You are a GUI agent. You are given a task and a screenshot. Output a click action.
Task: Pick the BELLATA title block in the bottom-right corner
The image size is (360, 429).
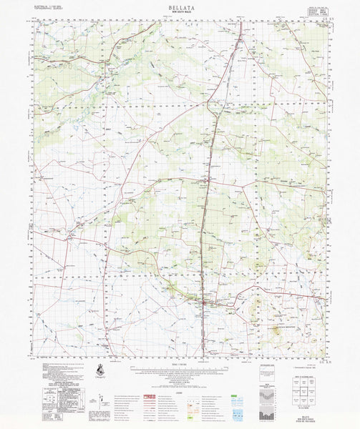click(315, 417)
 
